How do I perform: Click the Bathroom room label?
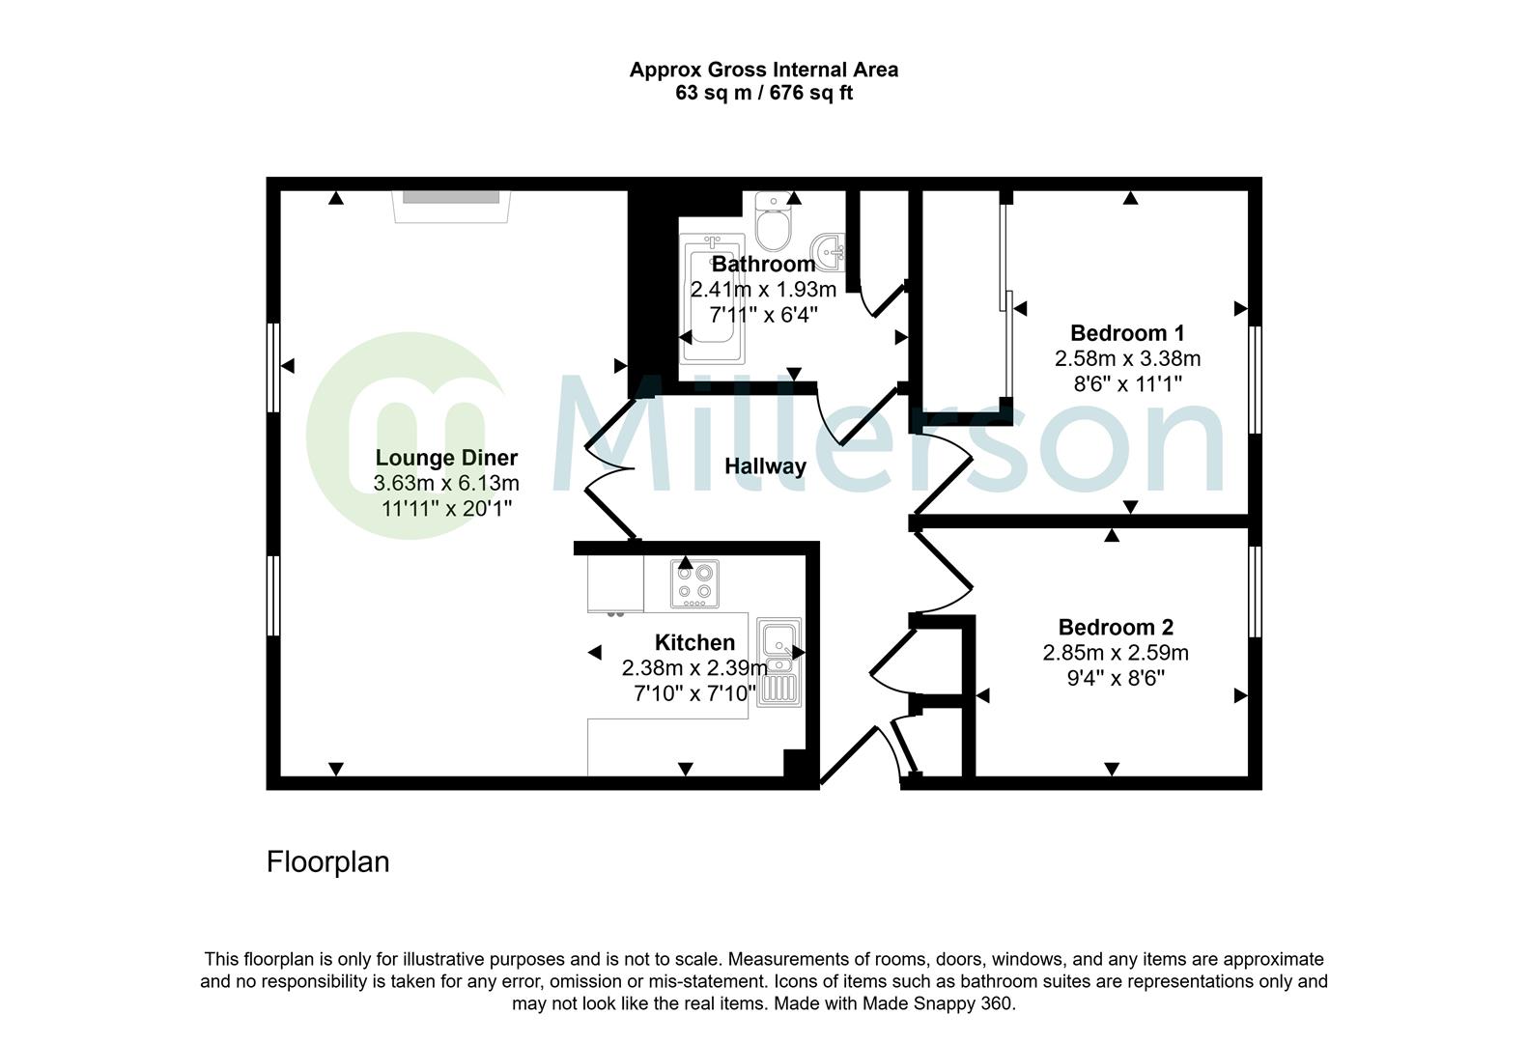(x=763, y=264)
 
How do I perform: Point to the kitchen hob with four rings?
(x=694, y=583)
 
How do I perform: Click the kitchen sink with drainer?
(x=778, y=662)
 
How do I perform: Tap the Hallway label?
(x=765, y=466)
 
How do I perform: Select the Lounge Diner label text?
(x=446, y=458)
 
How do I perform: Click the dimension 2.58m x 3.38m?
(x=1127, y=358)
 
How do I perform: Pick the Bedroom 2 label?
(x=1116, y=627)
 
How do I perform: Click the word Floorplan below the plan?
(x=327, y=861)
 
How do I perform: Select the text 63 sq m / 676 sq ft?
(x=763, y=94)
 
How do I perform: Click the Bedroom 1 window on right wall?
(x=1255, y=379)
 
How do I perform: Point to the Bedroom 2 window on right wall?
(x=1255, y=591)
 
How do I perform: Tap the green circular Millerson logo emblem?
(x=406, y=435)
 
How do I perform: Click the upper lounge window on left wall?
(x=273, y=367)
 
